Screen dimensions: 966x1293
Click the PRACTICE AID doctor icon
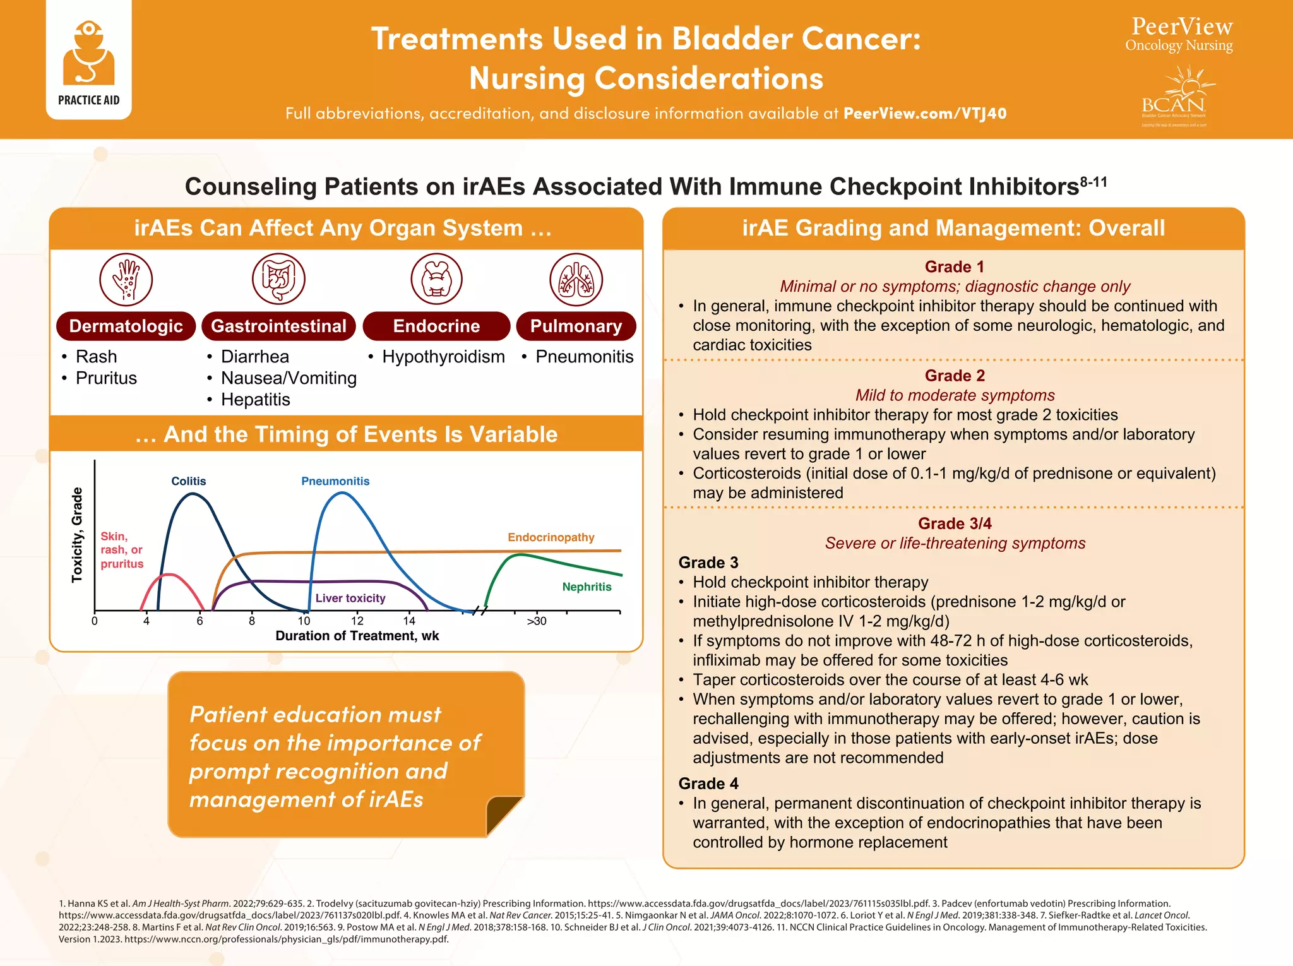(x=88, y=54)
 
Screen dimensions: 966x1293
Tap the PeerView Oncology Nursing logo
(x=1179, y=35)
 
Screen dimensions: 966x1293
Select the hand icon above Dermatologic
(x=126, y=279)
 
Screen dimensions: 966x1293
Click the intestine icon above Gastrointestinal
(x=278, y=279)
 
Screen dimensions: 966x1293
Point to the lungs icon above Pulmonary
(x=576, y=279)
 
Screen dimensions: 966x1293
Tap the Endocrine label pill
(x=436, y=326)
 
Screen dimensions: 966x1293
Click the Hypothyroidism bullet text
(x=443, y=357)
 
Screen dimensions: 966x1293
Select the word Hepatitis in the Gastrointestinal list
(x=256, y=400)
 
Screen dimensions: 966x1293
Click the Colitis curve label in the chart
(x=189, y=481)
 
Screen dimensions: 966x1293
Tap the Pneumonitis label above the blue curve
(x=335, y=481)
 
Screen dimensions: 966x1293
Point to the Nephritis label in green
(x=587, y=587)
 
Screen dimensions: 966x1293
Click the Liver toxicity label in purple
(x=350, y=598)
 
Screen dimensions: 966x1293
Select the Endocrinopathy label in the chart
(x=551, y=537)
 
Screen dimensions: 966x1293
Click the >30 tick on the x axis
(x=537, y=621)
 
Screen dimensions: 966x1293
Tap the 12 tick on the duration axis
(x=357, y=621)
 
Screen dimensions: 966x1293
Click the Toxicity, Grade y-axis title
(x=77, y=535)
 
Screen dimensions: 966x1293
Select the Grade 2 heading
(x=955, y=376)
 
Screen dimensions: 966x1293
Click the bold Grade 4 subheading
(x=708, y=784)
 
